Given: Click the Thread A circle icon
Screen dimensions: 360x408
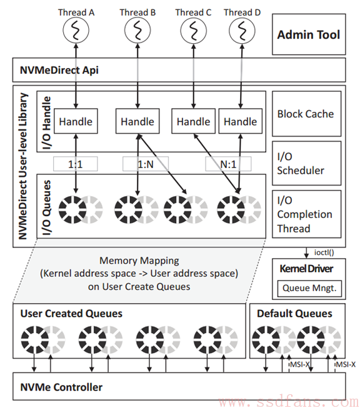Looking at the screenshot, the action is (x=76, y=30).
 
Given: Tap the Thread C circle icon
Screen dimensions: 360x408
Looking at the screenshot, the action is (x=193, y=30).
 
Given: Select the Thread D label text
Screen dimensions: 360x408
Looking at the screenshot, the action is (x=242, y=12).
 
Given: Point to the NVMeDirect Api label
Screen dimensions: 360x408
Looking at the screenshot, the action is (x=59, y=70).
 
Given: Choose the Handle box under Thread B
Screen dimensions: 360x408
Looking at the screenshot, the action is (x=137, y=121).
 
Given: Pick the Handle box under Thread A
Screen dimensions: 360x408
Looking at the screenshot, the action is (x=76, y=121).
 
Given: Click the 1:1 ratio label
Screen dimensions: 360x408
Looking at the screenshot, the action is (x=75, y=164).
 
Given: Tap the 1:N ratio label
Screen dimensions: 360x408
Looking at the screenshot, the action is (x=146, y=164).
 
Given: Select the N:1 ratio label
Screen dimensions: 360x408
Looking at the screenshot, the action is (x=228, y=164).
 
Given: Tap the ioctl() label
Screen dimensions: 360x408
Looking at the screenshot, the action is (x=324, y=252).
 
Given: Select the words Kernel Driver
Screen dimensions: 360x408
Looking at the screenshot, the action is (x=306, y=269).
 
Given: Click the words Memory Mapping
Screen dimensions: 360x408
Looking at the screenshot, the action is (x=139, y=261).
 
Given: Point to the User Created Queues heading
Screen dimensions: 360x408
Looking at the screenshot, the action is (x=71, y=314).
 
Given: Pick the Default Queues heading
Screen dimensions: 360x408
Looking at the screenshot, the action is (x=294, y=314).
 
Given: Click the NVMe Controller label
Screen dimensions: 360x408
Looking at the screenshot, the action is (x=61, y=387).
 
